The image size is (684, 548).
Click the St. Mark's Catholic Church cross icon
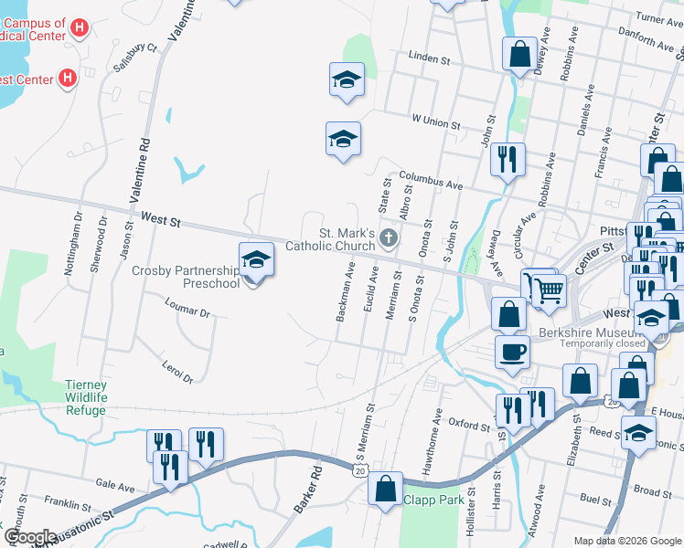(x=389, y=239)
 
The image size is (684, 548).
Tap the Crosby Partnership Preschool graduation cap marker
(x=256, y=261)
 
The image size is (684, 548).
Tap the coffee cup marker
(x=512, y=351)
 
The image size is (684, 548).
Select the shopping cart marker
(x=549, y=290)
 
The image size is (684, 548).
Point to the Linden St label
(x=429, y=59)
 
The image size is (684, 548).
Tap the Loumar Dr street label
(x=187, y=310)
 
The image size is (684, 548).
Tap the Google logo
(x=29, y=537)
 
